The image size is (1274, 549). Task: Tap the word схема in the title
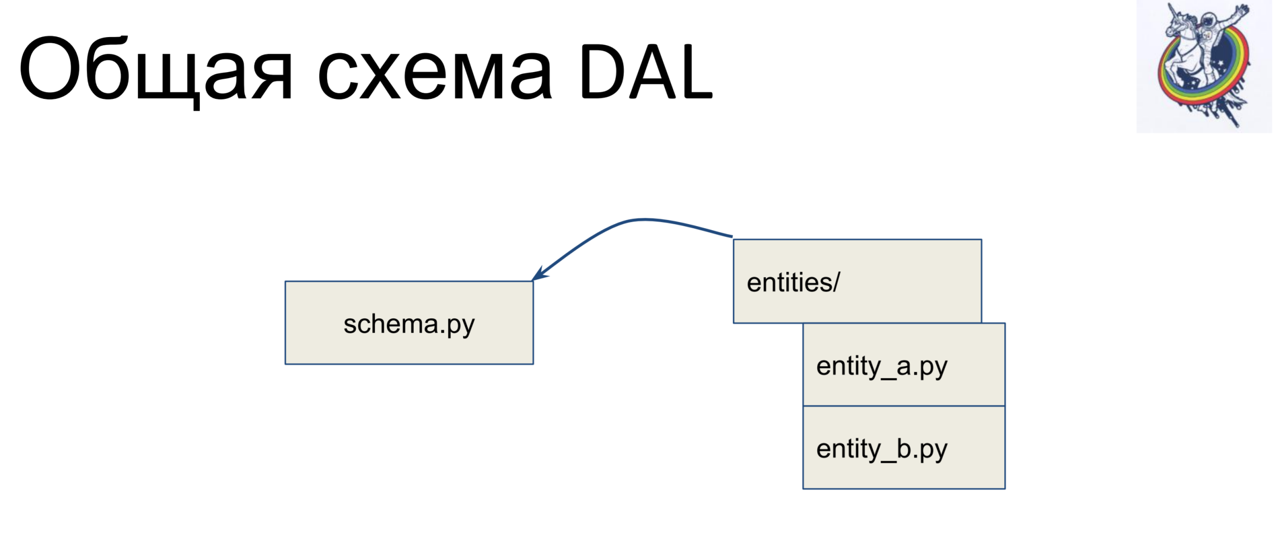[435, 72]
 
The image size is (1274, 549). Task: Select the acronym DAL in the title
[647, 71]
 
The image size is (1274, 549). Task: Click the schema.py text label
[409, 325]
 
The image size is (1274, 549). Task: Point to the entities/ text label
[793, 282]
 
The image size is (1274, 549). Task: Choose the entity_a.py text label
[882, 367]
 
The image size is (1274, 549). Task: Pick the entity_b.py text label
[882, 449]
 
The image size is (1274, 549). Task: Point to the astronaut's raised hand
[1243, 9]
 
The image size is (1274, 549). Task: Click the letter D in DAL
[603, 71]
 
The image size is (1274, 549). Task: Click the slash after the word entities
[835, 282]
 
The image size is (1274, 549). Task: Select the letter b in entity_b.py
[904, 448]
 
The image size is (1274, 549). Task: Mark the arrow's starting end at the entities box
[732, 236]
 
